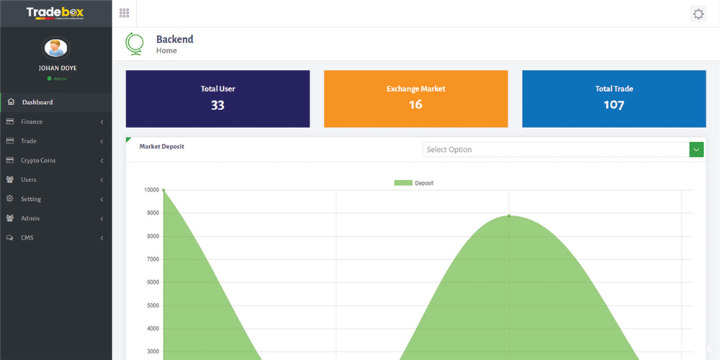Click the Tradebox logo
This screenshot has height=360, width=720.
pos(55,13)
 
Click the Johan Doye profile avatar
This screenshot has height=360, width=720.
pos(55,48)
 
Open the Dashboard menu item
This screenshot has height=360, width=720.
pos(37,102)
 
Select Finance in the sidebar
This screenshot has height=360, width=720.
pos(32,122)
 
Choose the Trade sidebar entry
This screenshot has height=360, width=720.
pos(29,141)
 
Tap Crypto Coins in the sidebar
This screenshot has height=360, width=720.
pos(38,161)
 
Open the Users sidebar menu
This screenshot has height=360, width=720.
pos(29,180)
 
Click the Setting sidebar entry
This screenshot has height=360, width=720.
pos(31,199)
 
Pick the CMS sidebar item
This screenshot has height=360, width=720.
pos(27,238)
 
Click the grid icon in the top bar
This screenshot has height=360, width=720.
pos(124,13)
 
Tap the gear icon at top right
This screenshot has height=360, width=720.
pos(698,14)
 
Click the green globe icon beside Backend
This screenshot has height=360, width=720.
pos(134,44)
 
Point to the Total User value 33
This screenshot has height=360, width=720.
pos(217,105)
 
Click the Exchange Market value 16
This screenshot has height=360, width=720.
pos(415,105)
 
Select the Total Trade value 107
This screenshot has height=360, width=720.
pos(613,105)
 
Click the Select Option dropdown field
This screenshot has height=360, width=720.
pos(555,150)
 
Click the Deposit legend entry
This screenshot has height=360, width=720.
pos(414,183)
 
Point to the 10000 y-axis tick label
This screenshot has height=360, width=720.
pos(151,190)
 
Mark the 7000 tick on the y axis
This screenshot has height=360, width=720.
pos(153,259)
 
